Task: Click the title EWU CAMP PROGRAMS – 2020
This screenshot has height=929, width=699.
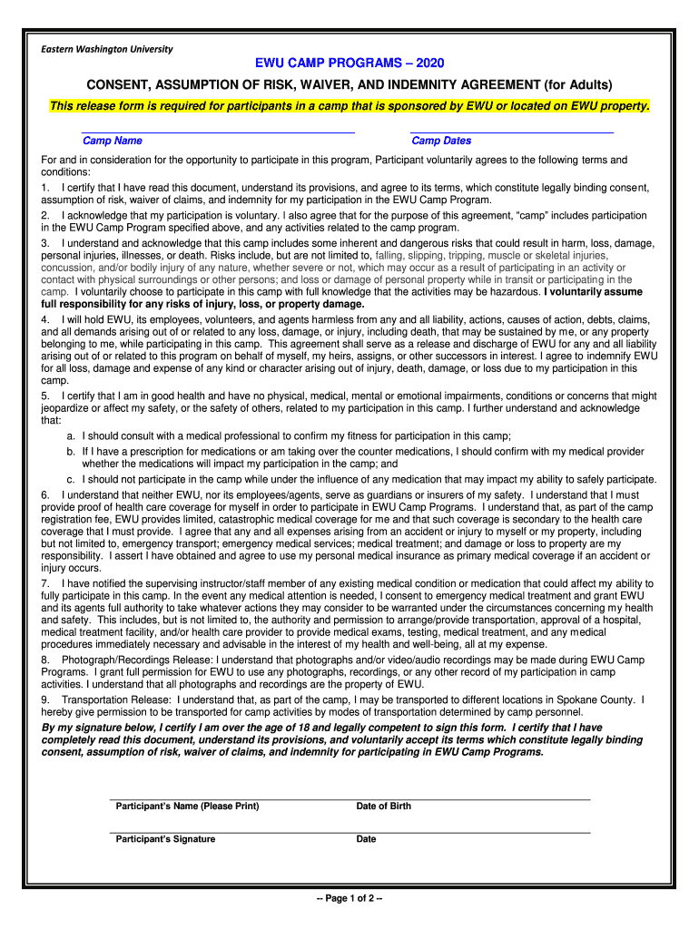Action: [x=349, y=64]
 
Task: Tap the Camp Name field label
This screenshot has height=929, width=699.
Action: [x=112, y=141]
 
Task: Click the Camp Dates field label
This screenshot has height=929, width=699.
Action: [x=441, y=141]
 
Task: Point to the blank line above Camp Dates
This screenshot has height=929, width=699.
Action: [x=512, y=132]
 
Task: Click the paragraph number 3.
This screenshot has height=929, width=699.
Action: [x=44, y=244]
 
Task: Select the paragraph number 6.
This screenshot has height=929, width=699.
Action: [x=44, y=494]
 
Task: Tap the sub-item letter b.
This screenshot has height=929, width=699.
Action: [x=69, y=451]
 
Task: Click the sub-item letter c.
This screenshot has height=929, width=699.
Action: [x=69, y=479]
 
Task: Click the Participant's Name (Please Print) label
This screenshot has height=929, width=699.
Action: [x=187, y=807]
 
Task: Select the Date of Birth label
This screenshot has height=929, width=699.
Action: [x=383, y=807]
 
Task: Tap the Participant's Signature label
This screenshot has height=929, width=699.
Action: [x=165, y=839]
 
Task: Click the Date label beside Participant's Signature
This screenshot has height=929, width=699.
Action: [x=366, y=839]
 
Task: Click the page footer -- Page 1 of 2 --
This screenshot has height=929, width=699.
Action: [x=349, y=898]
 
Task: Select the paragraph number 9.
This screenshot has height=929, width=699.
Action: [x=44, y=700]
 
